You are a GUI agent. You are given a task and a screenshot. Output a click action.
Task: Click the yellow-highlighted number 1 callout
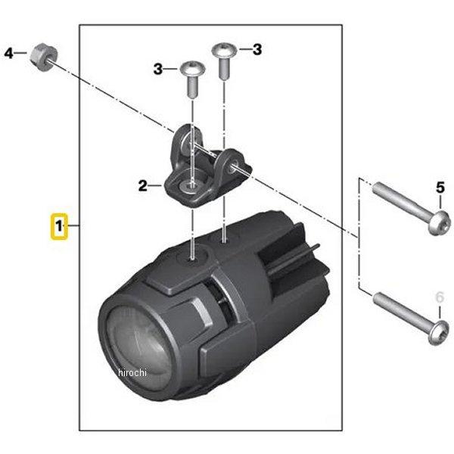pyautogui.click(x=59, y=226)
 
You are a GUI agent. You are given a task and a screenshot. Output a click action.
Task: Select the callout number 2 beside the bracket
pyautogui.click(x=143, y=186)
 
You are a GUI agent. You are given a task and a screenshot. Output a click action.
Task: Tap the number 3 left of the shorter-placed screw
pyautogui.click(x=158, y=70)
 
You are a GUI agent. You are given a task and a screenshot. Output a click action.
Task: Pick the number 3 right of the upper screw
pyautogui.click(x=257, y=49)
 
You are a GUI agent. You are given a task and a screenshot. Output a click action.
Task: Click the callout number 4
pyautogui.click(x=8, y=53)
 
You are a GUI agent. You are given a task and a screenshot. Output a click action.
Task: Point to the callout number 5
pyautogui.click(x=440, y=188)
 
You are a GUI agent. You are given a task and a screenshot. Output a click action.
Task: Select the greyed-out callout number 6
pyautogui.click(x=440, y=297)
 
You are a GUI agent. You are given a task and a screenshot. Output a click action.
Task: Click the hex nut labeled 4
pyautogui.click(x=44, y=58)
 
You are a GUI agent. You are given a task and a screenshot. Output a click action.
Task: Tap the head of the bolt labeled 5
pyautogui.click(x=439, y=222)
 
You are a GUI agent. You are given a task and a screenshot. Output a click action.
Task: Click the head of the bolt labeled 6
pyautogui.click(x=439, y=333)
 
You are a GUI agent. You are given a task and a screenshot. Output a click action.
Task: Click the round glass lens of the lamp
pyautogui.click(x=139, y=347)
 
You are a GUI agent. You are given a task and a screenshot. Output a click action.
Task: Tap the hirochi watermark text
pyautogui.click(x=132, y=372)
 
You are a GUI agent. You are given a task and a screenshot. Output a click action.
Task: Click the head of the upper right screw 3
pyautogui.click(x=224, y=50)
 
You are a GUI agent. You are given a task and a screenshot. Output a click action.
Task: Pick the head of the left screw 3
pyautogui.click(x=192, y=69)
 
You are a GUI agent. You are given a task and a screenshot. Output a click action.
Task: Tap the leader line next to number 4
pyautogui.click(x=20, y=53)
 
